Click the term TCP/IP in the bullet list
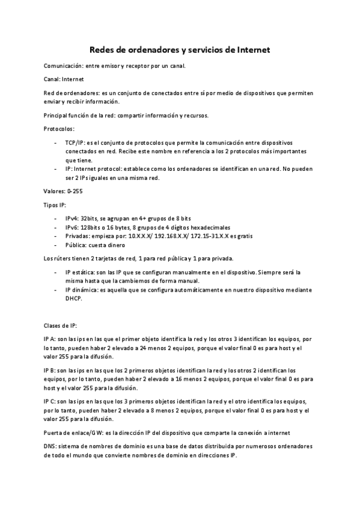[74, 143]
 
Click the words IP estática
[81, 272]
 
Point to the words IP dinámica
[82, 290]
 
